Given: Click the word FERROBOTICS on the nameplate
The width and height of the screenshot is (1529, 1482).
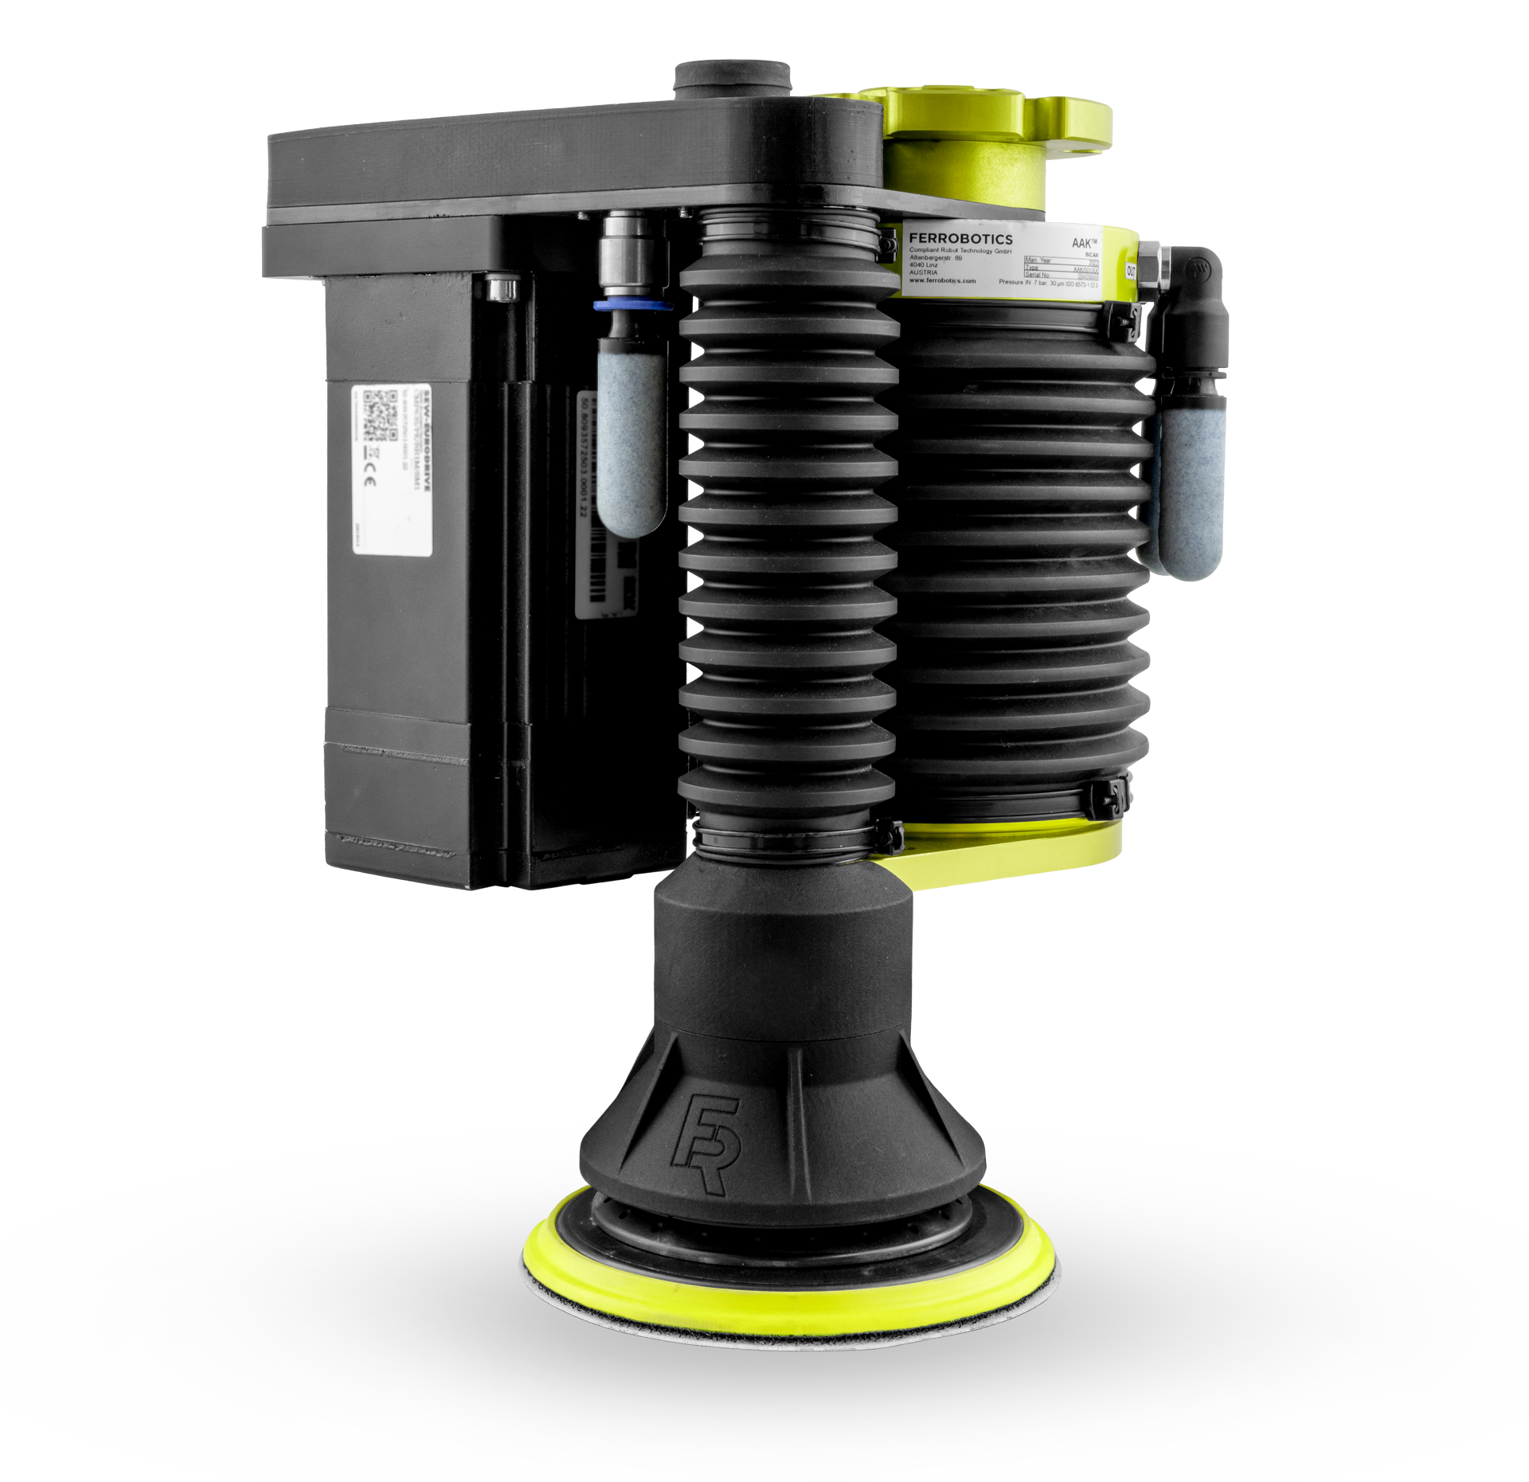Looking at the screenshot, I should pos(960,239).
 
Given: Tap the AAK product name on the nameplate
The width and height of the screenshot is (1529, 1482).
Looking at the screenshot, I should pos(1084,244).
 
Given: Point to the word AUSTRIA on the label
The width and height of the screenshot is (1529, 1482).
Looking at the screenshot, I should pos(924,272).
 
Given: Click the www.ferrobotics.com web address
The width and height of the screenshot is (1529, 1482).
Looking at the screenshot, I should pos(942,281).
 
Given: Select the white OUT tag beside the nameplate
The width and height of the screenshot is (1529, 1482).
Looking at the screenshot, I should pos(1131,271).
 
